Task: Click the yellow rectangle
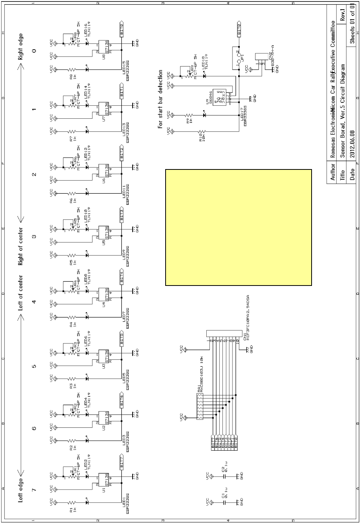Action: pyautogui.click(x=238, y=227)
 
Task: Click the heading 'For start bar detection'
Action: pyautogui.click(x=161, y=99)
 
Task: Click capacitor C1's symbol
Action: pyautogui.click(x=222, y=502)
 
